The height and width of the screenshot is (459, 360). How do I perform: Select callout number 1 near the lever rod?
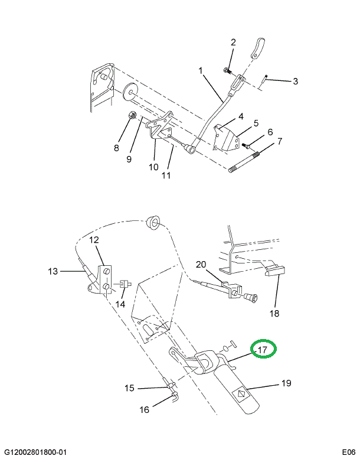click(200, 71)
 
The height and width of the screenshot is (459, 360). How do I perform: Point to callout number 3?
click(295, 81)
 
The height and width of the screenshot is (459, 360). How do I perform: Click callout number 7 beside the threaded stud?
click(280, 142)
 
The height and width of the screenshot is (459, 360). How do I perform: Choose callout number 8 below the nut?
click(116, 147)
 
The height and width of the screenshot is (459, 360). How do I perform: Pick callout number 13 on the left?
click(53, 272)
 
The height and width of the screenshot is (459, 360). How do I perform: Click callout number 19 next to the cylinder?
click(286, 383)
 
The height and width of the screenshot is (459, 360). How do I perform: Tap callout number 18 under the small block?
click(274, 313)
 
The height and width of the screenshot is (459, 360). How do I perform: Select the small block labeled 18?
click(276, 271)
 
